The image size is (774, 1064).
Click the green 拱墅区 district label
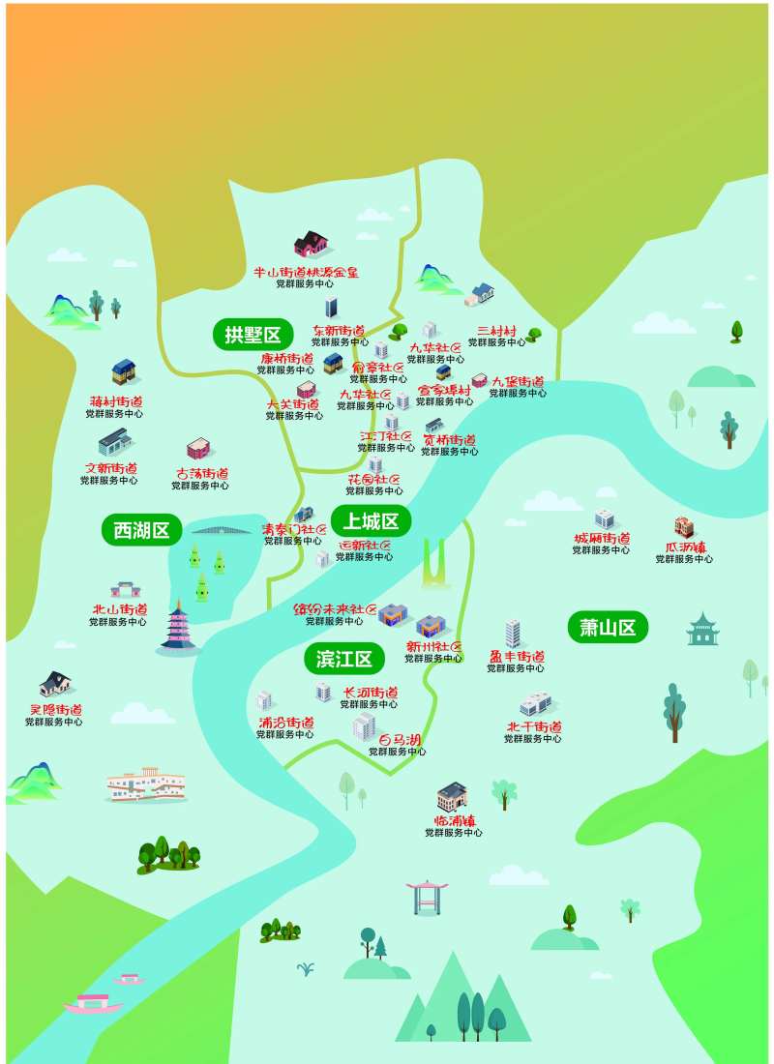coord(253,336)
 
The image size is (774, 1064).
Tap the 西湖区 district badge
coord(141,530)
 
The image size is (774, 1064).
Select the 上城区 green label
coord(372,521)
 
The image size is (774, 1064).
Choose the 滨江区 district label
coord(344,660)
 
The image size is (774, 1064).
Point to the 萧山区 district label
coord(608,628)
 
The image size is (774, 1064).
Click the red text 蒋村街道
coord(115,401)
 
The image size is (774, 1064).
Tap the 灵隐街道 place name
coord(54,709)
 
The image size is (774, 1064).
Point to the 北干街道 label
coord(533,726)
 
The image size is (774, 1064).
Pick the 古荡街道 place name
coord(201,474)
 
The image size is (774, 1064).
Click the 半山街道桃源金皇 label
coord(305,273)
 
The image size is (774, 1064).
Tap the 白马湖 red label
coord(399,740)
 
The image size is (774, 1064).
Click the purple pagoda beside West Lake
coord(177,627)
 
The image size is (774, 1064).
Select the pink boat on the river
coord(93,1004)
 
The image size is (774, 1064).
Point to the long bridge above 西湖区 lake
coord(222,529)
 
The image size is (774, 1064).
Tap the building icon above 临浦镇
coord(452,796)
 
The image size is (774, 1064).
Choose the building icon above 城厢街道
coord(605,519)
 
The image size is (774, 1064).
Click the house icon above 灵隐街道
coord(55,685)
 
